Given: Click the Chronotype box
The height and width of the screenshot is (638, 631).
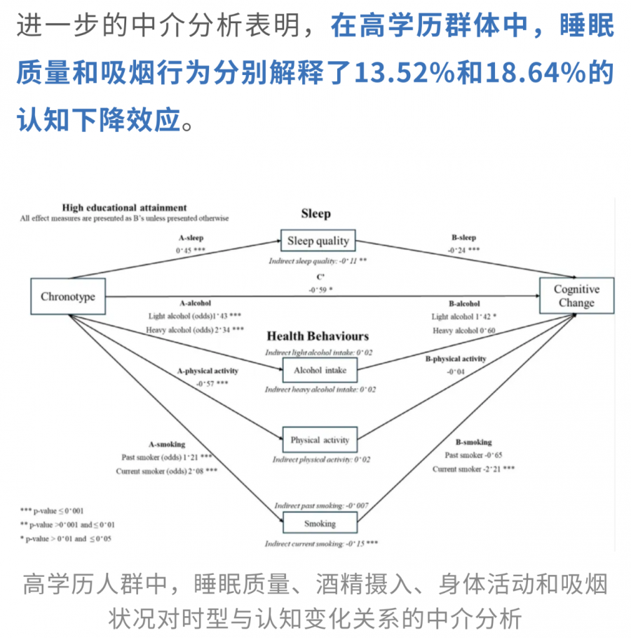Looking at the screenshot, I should click(67, 296).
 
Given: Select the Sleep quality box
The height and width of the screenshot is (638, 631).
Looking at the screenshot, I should click(318, 241).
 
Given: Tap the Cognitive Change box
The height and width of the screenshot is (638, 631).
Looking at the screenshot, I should click(576, 296).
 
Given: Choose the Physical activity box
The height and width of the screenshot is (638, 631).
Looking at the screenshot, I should click(319, 440).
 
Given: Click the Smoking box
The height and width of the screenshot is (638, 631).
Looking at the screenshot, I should click(319, 523).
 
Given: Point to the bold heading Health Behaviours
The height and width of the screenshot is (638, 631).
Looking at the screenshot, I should click(318, 336).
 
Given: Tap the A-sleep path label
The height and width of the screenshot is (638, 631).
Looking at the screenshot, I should click(191, 237).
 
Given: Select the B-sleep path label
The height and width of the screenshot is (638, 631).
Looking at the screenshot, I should click(464, 237).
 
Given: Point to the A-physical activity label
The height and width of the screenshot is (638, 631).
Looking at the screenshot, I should click(208, 371).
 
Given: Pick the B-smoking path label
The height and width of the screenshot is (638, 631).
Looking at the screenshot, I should click(473, 442).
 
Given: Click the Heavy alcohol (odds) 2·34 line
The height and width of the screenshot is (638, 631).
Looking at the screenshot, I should click(194, 329).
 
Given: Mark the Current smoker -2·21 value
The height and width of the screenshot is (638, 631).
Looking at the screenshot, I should click(473, 468).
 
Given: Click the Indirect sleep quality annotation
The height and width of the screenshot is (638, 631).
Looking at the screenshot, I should click(318, 260).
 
